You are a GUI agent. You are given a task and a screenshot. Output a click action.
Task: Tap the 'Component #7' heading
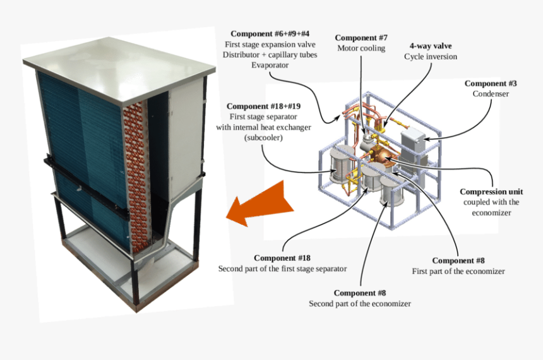pyautogui.click(x=361, y=37)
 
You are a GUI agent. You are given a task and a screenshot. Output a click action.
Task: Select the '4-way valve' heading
pyautogui.click(x=431, y=45)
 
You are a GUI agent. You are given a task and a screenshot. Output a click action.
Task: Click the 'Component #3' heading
pyautogui.click(x=491, y=83)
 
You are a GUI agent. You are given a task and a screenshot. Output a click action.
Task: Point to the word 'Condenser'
pyautogui.click(x=491, y=93)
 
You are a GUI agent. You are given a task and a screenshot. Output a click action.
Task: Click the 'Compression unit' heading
pyautogui.click(x=491, y=191)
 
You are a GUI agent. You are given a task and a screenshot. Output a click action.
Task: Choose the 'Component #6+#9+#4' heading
pyautogui.click(x=270, y=33)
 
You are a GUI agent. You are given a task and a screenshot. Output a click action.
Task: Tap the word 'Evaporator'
pyautogui.click(x=270, y=65)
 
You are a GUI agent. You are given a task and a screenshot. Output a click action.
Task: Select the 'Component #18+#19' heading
pyautogui.click(x=263, y=106)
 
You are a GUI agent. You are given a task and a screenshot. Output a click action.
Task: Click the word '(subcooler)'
pyautogui.click(x=263, y=138)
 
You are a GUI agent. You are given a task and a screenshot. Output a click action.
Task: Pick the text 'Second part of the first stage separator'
pyautogui.click(x=282, y=268)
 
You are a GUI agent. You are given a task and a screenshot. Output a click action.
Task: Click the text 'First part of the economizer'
pyautogui.click(x=458, y=271)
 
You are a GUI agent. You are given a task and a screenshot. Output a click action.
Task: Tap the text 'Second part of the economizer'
pyautogui.click(x=360, y=304)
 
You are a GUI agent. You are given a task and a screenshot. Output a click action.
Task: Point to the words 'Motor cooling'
pyautogui.click(x=361, y=48)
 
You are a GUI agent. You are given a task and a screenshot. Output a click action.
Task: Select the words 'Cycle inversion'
pyautogui.click(x=431, y=56)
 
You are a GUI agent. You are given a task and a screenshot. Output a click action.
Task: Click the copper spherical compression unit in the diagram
pyautogui.click(x=380, y=157)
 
